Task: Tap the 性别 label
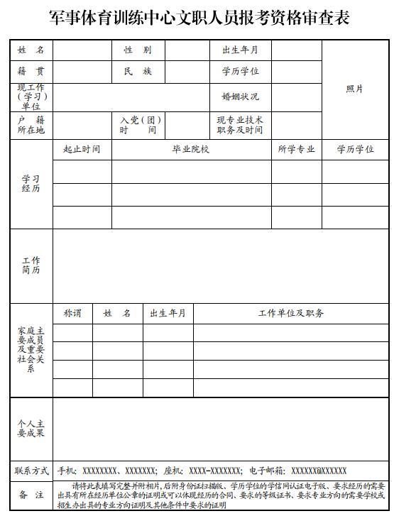pos(138,50)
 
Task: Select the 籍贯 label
pos(31,72)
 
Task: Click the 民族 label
pos(138,72)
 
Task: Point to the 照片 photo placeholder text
pos(355,89)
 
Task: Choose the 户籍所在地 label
pos(31,125)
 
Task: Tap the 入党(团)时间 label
pos(138,125)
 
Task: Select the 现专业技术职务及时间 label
pos(240,125)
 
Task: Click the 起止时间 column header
pos(82,150)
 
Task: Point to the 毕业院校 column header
pos(191,150)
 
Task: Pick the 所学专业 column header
pos(296,150)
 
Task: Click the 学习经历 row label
pos(31,184)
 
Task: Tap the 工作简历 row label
pos(31,265)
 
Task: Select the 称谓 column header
pos(72,313)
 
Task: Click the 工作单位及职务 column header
pos(291,313)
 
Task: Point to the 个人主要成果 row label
pos(31,428)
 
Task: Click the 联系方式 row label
pos(31,471)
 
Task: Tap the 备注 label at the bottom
pos(31,495)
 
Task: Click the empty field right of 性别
pos(186,50)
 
